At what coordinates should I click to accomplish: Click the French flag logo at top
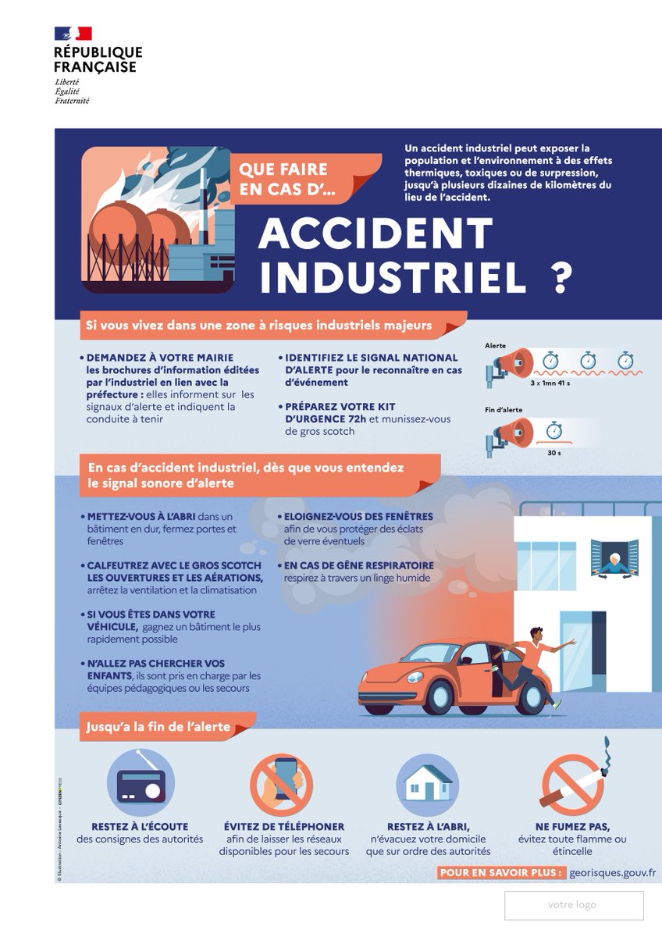point(73,33)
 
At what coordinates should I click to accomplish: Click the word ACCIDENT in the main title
point(375,232)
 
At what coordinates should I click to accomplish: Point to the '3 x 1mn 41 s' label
point(550,384)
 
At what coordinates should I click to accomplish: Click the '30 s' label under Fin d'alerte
point(553,453)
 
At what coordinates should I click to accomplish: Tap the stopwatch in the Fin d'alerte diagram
point(554,429)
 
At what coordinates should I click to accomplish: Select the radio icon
point(141,785)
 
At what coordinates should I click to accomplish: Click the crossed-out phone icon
point(282,785)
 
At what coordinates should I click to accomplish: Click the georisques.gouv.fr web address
point(613,872)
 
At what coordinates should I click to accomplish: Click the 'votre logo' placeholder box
point(574,905)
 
